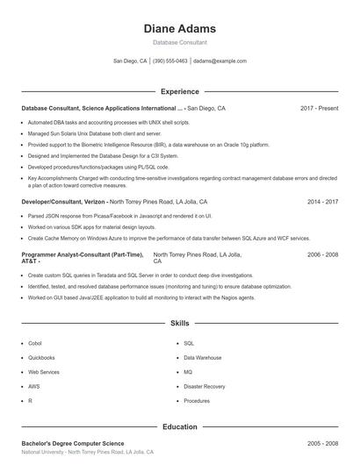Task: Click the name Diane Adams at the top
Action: tap(180, 29)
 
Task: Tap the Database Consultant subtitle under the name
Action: tap(180, 43)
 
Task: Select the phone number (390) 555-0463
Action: tap(170, 61)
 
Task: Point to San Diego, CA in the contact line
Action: tap(130, 61)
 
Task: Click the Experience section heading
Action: tap(180, 91)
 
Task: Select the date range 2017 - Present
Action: tap(319, 108)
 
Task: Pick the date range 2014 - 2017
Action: tap(322, 201)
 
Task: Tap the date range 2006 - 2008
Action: tap(322, 254)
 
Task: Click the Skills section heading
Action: tap(180, 324)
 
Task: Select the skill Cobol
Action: tap(35, 343)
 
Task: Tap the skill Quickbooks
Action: tap(41, 358)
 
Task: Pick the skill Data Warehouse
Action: tap(203, 358)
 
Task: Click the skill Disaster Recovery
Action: tap(205, 386)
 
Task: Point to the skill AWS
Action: tap(33, 386)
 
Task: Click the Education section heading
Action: tap(180, 427)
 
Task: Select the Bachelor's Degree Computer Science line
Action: tap(73, 444)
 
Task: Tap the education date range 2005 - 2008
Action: tap(322, 444)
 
